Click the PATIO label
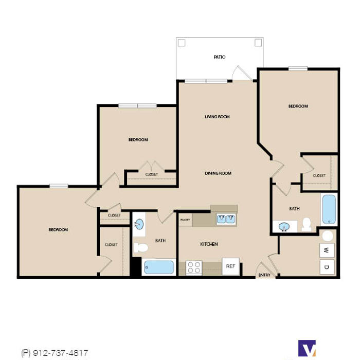coord(220,57)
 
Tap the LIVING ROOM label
coord(217,117)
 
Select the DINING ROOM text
coord(218,173)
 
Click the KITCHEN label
coord(209,244)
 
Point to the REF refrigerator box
coord(231,266)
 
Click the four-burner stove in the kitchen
coord(194,268)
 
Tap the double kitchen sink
coord(226,219)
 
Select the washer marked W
coord(327,250)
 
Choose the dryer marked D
coord(327,267)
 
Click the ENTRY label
coord(264,275)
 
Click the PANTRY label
coord(185,220)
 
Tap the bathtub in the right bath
coord(329,209)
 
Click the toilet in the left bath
coord(141,247)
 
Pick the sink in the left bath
coord(139,224)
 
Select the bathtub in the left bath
coord(159,267)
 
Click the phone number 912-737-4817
coord(61,353)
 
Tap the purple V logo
coord(307,348)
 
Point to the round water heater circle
coord(328,236)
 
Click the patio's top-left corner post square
coord(182,43)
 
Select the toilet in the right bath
coord(307,225)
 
